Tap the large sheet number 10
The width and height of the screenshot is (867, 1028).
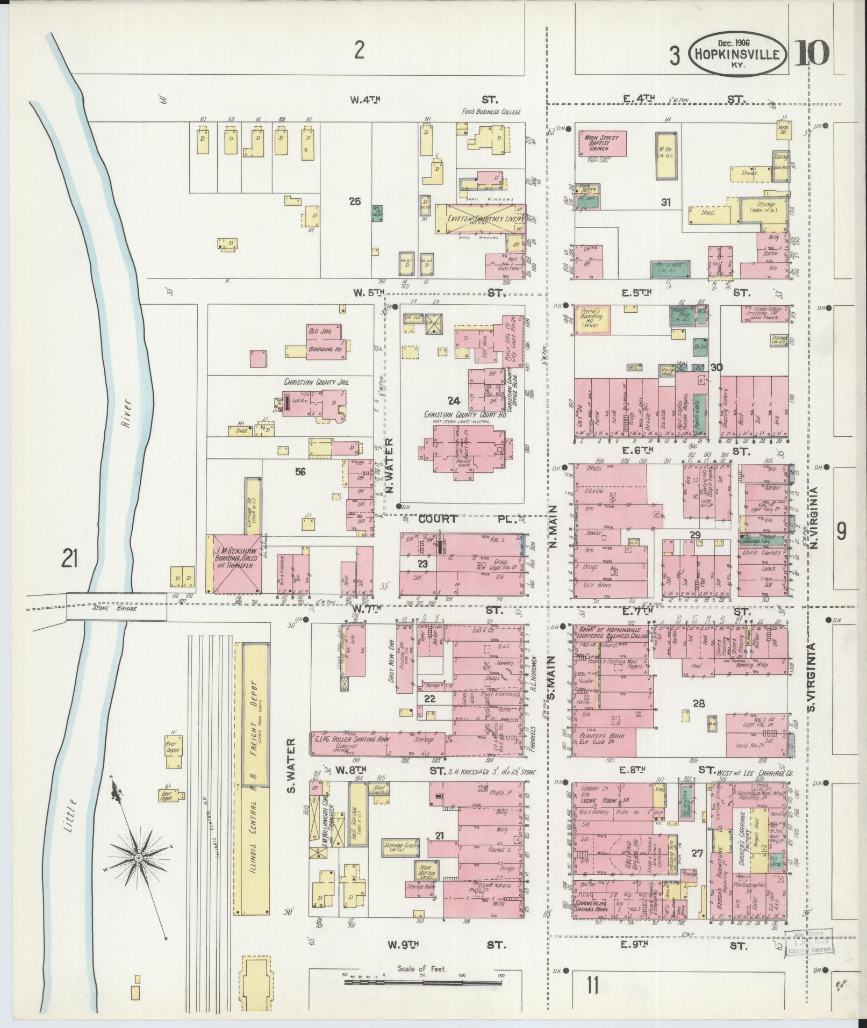pyautogui.click(x=813, y=54)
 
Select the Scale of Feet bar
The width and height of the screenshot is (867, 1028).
pyautogui.click(x=421, y=982)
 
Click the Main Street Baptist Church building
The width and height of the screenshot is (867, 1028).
pyautogui.click(x=602, y=143)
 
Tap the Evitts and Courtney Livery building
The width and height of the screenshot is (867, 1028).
pyautogui.click(x=478, y=219)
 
